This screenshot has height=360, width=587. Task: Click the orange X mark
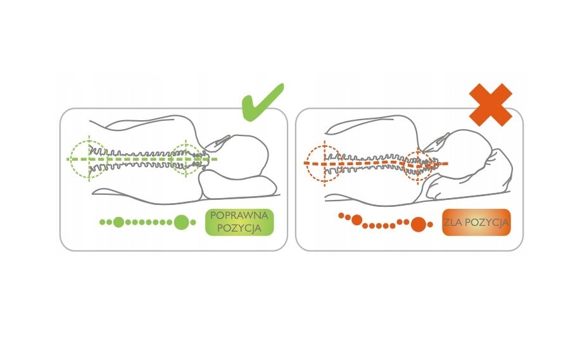pos(490,104)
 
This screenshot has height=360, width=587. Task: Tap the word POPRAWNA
pos(239,216)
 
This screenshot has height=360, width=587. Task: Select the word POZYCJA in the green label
pos(239,228)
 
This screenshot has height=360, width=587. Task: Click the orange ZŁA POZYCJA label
pos(476,222)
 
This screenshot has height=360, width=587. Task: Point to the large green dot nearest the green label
pos(182,222)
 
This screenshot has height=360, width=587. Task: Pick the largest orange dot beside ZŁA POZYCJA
pos(418,223)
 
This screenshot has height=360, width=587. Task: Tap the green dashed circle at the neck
pos(186,158)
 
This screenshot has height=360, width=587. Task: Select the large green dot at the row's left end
pos(118,222)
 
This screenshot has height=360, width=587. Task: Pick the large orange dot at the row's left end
pos(357,220)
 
